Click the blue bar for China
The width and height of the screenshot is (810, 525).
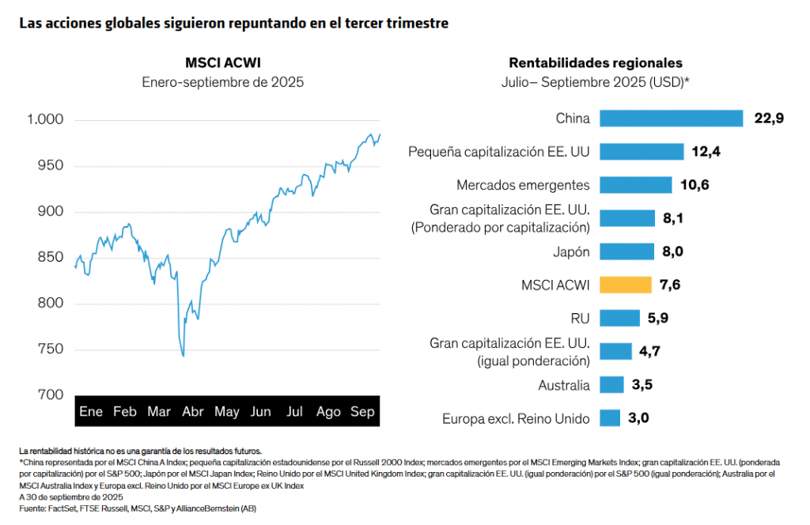pos(671,119)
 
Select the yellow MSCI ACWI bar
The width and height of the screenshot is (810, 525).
pos(625,285)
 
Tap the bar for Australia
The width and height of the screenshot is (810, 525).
pos(611,385)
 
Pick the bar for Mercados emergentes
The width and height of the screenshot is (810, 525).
pos(635,185)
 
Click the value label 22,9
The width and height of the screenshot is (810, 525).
pos(768,119)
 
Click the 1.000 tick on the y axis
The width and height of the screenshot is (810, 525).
pos(45,120)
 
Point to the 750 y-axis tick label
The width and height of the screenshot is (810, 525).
pos(51,349)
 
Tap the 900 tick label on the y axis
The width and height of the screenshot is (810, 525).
pos(51,212)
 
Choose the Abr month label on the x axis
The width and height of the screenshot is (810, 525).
pos(193,412)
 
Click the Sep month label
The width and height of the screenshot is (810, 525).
pos(362,412)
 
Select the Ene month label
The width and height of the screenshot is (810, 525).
pos(91,412)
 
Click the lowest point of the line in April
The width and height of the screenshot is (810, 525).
pos(184,356)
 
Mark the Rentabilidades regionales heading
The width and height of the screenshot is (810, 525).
pos(596,62)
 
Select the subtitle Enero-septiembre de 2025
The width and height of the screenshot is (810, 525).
pos(222,81)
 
